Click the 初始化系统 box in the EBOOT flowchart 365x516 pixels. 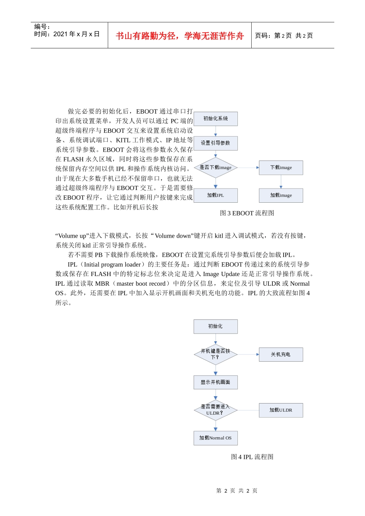(x=216, y=119)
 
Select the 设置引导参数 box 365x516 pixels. (x=216, y=143)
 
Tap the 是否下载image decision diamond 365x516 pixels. (x=216, y=167)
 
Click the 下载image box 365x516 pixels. (x=281, y=167)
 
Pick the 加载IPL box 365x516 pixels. (x=216, y=195)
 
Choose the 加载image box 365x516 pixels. (x=281, y=195)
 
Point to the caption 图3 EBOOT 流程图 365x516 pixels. (x=247, y=213)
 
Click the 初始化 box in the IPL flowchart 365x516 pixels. (x=216, y=326)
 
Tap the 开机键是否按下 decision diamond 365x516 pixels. (x=216, y=354)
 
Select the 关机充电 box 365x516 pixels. (x=281, y=354)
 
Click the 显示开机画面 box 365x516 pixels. (x=216, y=382)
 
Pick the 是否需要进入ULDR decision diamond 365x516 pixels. (x=216, y=410)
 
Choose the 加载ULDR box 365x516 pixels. (x=281, y=410)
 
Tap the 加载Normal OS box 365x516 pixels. (x=216, y=438)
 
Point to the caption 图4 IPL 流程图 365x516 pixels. (x=252, y=457)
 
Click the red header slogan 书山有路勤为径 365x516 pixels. (x=180, y=36)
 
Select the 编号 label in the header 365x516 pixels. (x=42, y=26)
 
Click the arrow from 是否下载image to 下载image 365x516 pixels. (x=248, y=167)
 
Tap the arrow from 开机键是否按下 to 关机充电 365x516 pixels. (x=248, y=354)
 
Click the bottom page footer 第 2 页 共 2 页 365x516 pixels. (x=237, y=491)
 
